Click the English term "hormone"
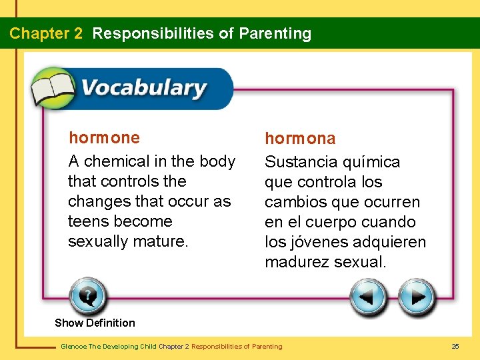105,138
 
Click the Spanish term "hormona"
300,139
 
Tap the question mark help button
87,296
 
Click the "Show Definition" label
95,323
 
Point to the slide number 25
455,346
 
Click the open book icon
53,88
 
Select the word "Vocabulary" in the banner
143,88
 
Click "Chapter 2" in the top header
46,33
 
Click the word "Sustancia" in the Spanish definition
299,162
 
